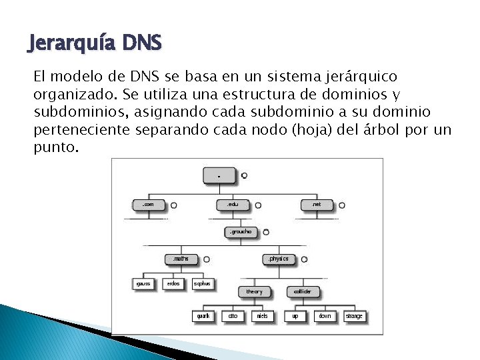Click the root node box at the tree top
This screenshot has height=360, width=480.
220,175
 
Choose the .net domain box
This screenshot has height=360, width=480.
316,205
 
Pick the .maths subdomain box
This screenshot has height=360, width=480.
181,259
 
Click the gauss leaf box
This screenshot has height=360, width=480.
145,283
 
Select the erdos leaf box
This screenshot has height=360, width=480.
173,283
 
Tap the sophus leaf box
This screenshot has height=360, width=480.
203,283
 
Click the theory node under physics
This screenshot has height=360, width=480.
255,291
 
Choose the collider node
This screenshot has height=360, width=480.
303,291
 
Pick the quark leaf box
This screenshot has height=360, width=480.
204,315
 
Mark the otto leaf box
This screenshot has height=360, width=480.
233,315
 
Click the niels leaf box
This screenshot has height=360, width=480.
263,315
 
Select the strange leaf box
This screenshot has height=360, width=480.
355,315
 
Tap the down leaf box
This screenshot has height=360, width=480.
325,315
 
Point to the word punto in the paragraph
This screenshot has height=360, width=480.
56,146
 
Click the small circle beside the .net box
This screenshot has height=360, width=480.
342,205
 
